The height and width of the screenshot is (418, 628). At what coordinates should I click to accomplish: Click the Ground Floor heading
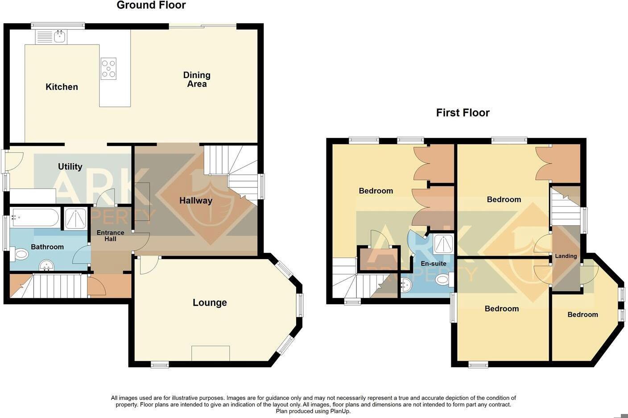pos(151,5)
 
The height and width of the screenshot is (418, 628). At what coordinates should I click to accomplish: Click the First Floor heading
pos(463,113)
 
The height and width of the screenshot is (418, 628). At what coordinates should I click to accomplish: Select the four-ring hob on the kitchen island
pos(108,69)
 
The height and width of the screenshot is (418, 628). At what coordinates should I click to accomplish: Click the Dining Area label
pos(197,79)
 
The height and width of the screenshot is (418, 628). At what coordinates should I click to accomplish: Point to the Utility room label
pos(70,167)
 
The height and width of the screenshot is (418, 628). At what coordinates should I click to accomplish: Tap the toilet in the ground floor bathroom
pos(20,255)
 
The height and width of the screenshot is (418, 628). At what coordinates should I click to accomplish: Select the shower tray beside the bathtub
pos(76,219)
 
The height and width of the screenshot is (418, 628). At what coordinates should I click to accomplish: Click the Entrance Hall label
pos(110,236)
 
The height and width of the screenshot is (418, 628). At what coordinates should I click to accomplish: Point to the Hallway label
pos(195,201)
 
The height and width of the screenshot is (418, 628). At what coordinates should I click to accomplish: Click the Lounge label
pos(210,303)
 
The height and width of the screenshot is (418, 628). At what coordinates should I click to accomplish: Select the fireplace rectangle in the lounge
pos(211,353)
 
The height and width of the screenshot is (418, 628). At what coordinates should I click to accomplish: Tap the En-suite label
pos(434,264)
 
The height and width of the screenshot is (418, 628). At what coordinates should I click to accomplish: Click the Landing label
pos(566,256)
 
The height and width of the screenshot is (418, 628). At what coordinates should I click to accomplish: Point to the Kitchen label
pos(62,87)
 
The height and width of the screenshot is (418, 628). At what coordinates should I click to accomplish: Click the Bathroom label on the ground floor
pos(47,247)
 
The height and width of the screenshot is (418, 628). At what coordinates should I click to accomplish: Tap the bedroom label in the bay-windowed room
pos(583,315)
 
